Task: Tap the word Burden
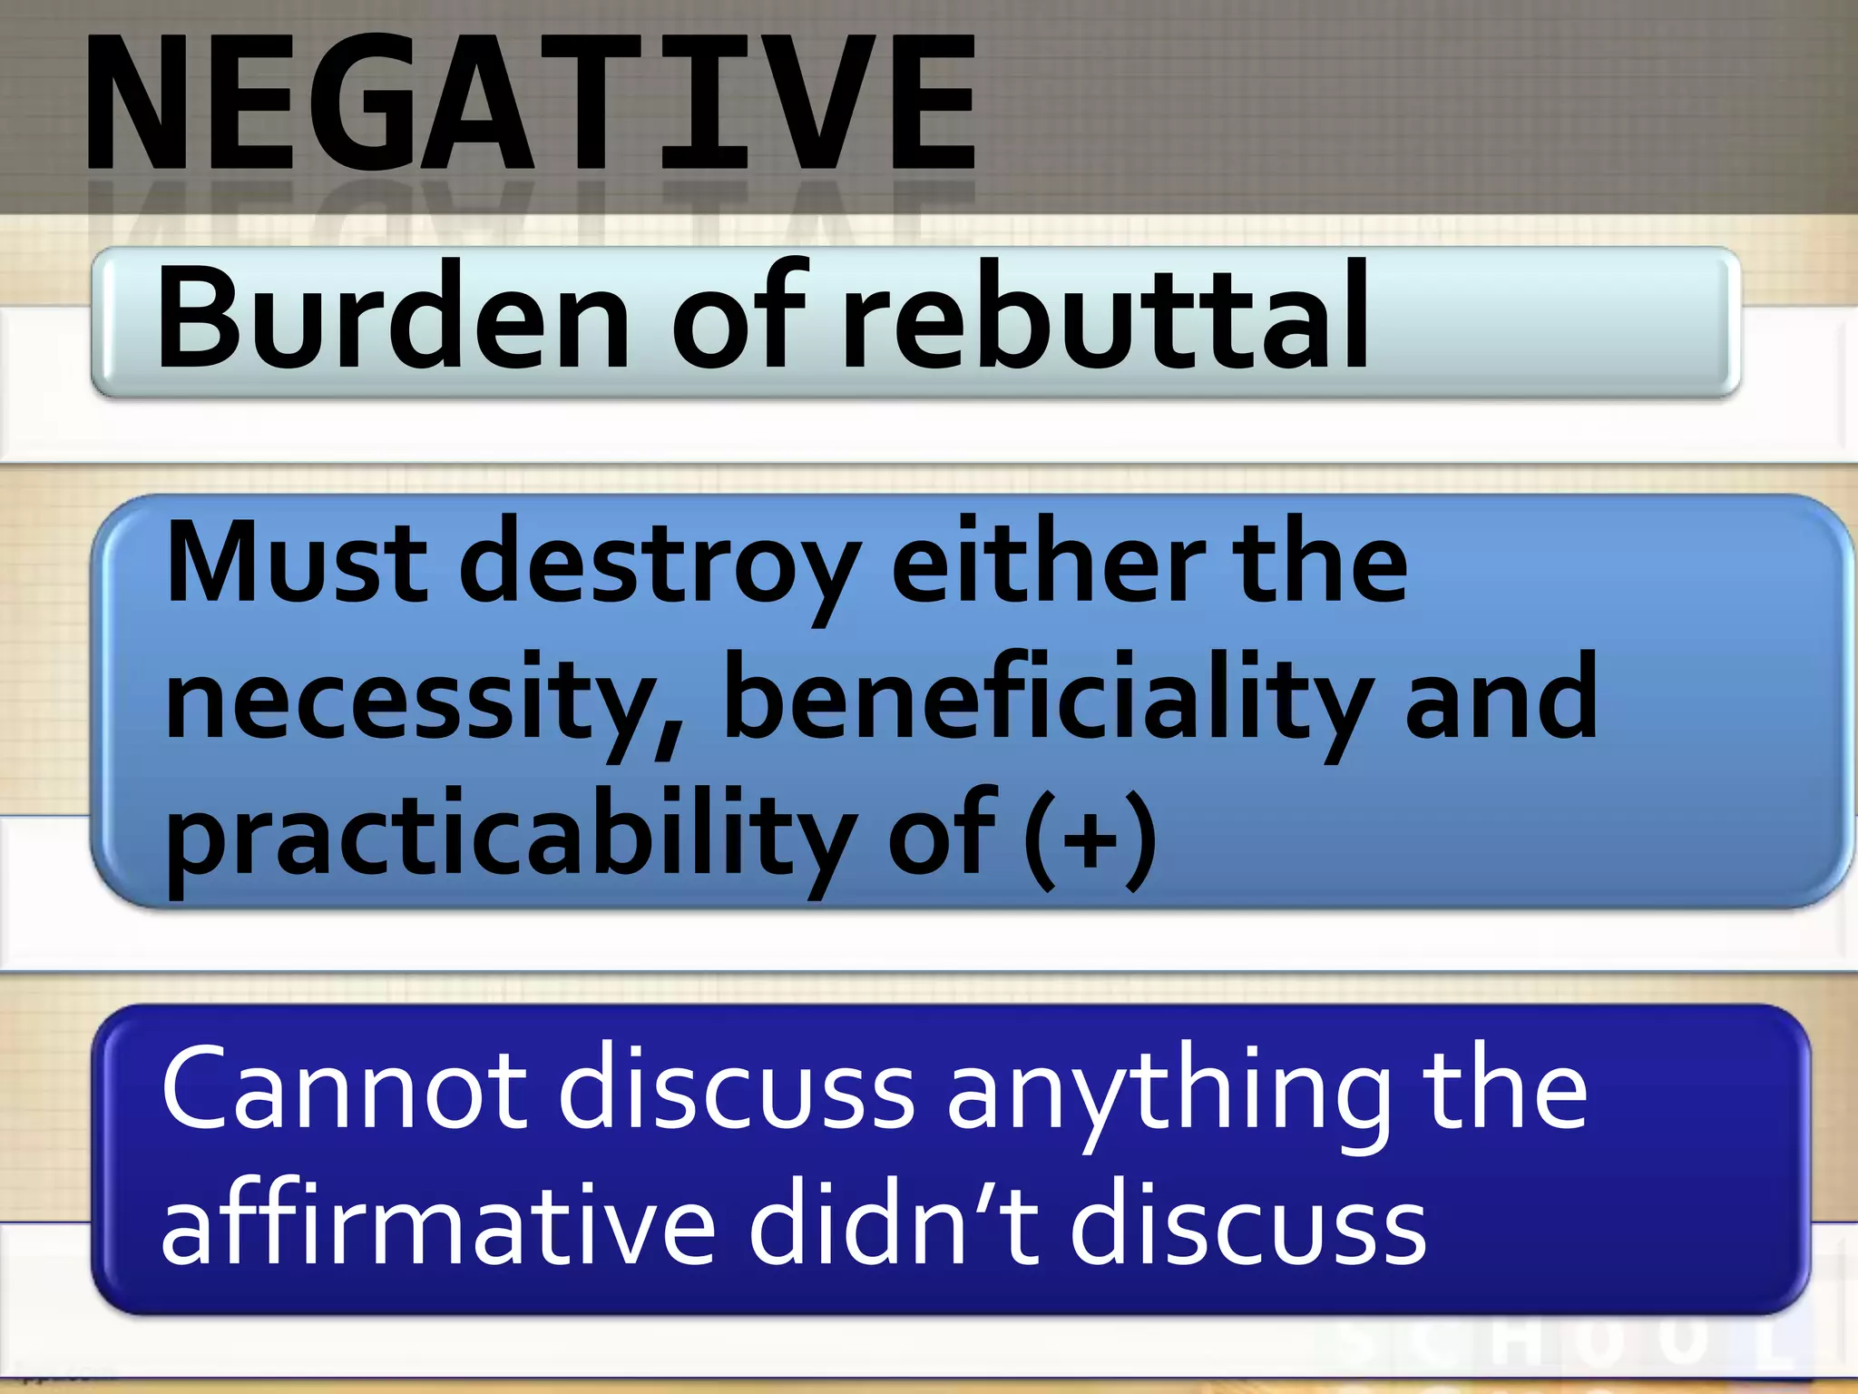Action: click(x=392, y=318)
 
